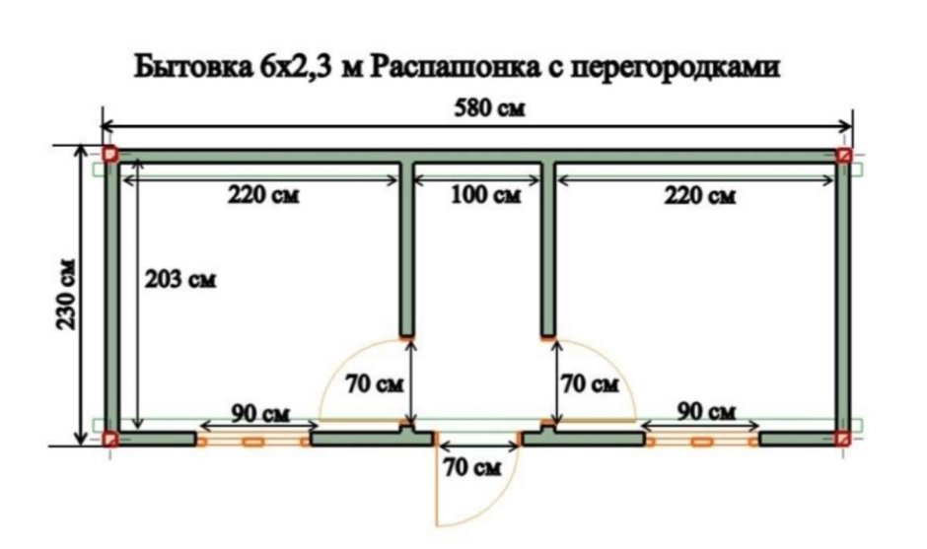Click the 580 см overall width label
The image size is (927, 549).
coord(489,109)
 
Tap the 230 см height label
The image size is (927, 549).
coord(65,295)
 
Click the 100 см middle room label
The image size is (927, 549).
coord(480,195)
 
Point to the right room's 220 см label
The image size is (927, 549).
coord(700,195)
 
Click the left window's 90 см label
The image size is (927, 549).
coord(259,411)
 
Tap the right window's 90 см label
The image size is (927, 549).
coord(707,410)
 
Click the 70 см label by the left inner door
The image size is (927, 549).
coord(373,384)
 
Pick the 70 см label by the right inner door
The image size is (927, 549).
coord(589,384)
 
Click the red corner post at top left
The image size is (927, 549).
coord(111,155)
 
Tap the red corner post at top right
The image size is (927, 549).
coord(844,156)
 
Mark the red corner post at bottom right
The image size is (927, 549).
coord(844,438)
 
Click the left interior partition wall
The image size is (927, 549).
coord(405,246)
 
